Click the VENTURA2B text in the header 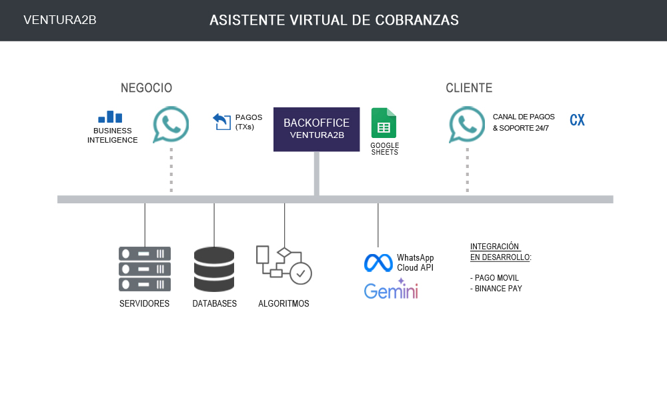pyautogui.click(x=60, y=20)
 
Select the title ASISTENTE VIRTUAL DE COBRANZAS pyautogui.click(x=334, y=20)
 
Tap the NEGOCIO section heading pyautogui.click(x=146, y=88)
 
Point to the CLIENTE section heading pyautogui.click(x=469, y=88)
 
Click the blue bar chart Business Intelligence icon pyautogui.click(x=110, y=117)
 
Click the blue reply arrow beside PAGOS pyautogui.click(x=221, y=121)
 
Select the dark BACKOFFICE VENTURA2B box pyautogui.click(x=317, y=129)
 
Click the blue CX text pyautogui.click(x=577, y=121)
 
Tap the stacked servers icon pyautogui.click(x=145, y=269)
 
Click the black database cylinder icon pyautogui.click(x=213, y=269)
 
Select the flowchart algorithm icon pyautogui.click(x=283, y=265)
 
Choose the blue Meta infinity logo pyautogui.click(x=378, y=263)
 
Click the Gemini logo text pyautogui.click(x=391, y=290)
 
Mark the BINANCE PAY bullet pyautogui.click(x=496, y=289)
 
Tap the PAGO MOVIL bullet pyautogui.click(x=494, y=277)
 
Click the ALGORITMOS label pyautogui.click(x=283, y=304)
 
